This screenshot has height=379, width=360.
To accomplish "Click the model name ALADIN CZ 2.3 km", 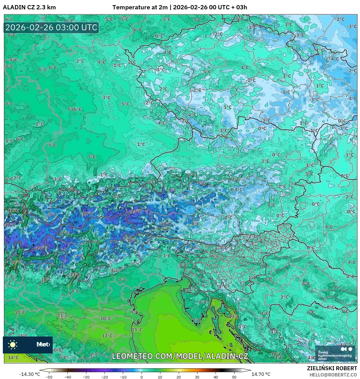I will point(29,7).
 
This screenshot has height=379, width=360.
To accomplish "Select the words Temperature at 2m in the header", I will point(140,7).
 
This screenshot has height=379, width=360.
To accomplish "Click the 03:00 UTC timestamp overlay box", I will point(51,28).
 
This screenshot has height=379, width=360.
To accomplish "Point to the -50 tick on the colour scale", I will point(49,377).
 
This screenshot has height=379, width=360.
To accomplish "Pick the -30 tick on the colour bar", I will point(86,377).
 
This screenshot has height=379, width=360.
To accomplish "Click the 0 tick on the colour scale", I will point(142,377).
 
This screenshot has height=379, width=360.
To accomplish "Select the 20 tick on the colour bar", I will point(179,377).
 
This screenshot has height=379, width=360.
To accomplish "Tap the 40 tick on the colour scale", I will point(216,377).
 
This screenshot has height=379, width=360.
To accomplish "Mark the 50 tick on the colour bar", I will point(234,377).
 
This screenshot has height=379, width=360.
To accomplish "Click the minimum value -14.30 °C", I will point(29,374).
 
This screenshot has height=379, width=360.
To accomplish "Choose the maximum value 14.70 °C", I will point(261,374).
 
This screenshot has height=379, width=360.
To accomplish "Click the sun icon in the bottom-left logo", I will point(13,344).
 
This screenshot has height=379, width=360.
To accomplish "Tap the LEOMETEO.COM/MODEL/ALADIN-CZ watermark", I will point(180,356).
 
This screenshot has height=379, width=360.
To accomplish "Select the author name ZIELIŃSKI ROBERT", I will point(332,368).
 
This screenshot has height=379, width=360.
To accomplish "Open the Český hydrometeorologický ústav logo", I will point(335,353).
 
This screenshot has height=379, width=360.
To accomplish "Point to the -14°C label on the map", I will point(41,248).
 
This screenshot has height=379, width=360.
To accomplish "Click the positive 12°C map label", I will point(107,336).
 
